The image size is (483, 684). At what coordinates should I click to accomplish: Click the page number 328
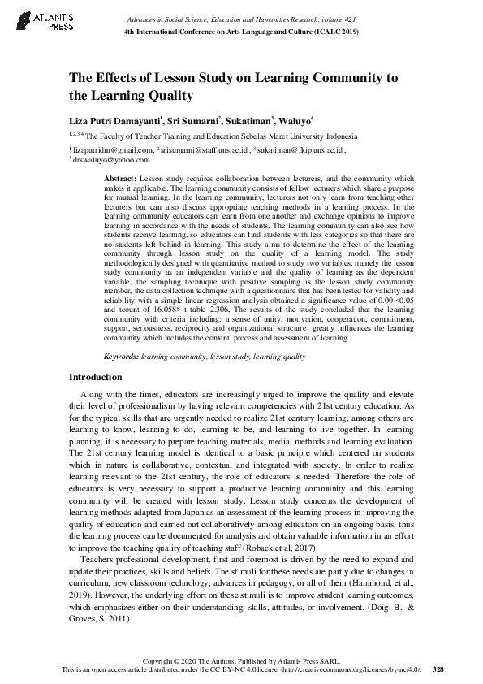coord(438,669)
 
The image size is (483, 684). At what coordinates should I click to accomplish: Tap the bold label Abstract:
coord(121,177)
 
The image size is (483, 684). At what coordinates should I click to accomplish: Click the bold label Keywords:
coord(122,357)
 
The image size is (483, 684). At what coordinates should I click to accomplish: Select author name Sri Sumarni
coord(193,120)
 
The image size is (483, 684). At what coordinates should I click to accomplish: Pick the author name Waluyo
coord(295,120)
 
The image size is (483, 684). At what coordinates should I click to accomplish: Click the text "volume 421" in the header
coord(342,18)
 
